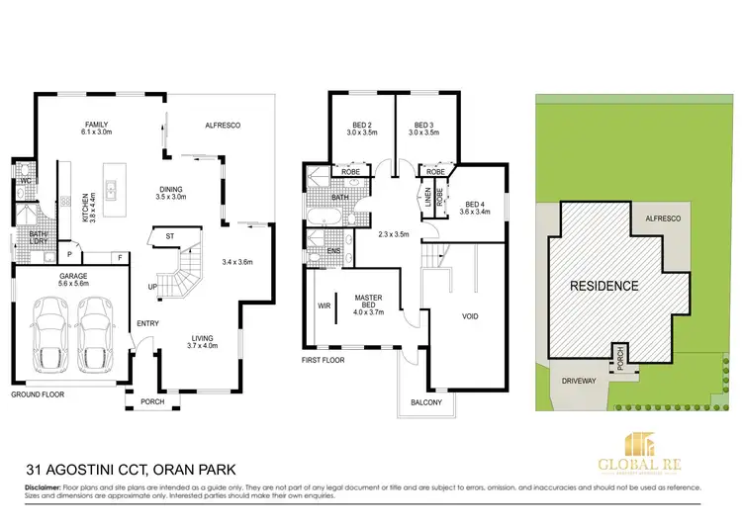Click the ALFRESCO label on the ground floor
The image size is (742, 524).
click(223, 126)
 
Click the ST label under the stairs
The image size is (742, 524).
click(169, 236)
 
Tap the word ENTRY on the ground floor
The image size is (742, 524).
click(147, 323)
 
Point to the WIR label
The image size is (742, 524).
click(323, 306)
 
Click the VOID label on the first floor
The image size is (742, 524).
click(469, 317)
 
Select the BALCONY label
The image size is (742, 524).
click(426, 401)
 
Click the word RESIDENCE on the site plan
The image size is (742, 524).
click(603, 286)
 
